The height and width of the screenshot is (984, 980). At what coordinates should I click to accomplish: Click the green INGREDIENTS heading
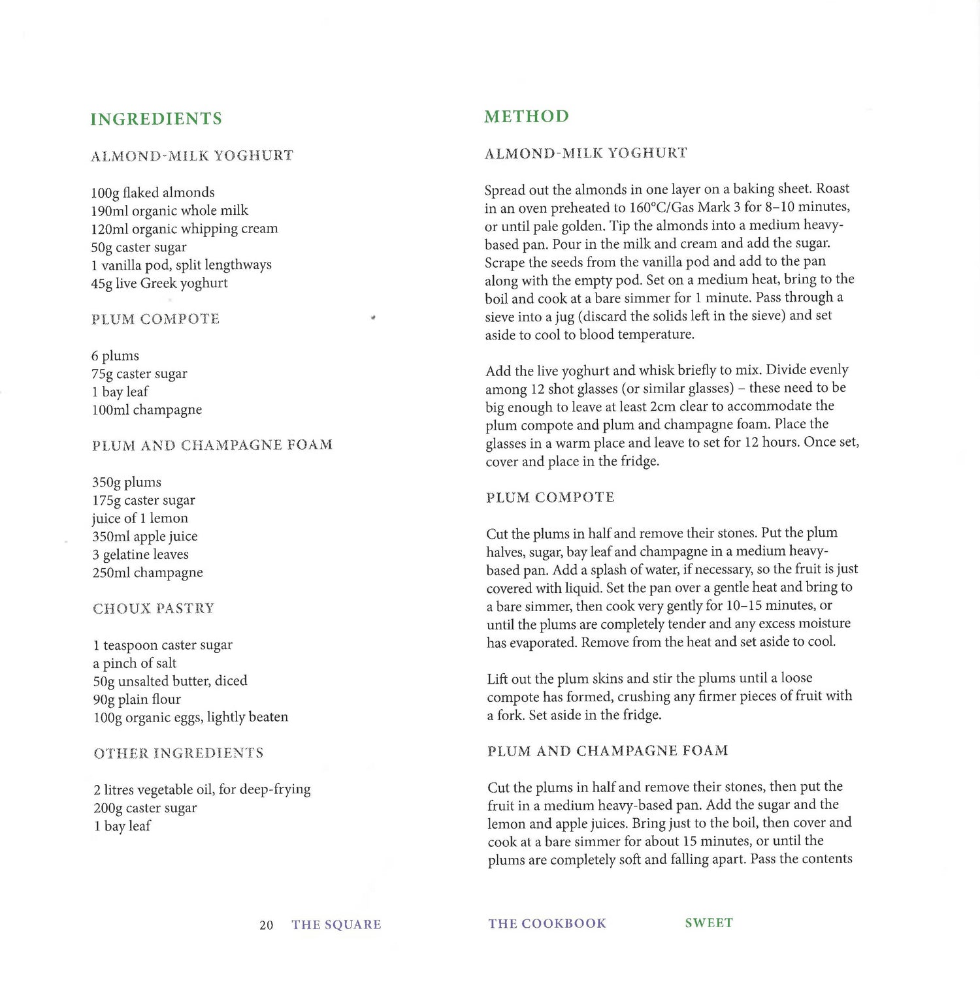click(156, 119)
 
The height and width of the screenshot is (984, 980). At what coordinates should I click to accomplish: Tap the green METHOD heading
click(527, 116)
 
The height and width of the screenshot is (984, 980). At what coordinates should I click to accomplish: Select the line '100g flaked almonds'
click(153, 193)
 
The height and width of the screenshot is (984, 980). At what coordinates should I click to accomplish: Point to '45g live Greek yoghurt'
click(159, 283)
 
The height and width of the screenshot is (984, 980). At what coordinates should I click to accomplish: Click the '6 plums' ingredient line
click(115, 356)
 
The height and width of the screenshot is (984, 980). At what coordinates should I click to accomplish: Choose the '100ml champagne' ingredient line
click(147, 410)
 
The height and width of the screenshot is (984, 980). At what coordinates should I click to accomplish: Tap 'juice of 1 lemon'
click(140, 518)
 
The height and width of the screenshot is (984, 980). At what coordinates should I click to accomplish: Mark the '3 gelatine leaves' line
click(140, 555)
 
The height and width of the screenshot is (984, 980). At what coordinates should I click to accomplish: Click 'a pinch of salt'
click(135, 663)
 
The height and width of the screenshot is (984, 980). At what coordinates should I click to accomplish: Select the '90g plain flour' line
click(137, 699)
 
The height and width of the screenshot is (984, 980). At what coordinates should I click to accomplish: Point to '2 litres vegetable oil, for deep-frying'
click(202, 789)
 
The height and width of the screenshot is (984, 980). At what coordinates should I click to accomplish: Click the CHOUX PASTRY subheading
click(154, 609)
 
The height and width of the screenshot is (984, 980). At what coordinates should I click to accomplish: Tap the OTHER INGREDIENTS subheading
click(178, 754)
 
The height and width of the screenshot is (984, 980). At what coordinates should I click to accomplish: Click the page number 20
click(266, 925)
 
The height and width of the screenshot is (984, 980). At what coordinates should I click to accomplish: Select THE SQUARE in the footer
click(336, 925)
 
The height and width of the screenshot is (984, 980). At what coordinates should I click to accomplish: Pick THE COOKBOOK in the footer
click(547, 923)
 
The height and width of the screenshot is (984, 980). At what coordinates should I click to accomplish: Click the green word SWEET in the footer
click(709, 923)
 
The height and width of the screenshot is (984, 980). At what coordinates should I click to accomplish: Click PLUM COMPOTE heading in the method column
click(550, 498)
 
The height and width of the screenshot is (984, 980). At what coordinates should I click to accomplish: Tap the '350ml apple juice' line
click(145, 537)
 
